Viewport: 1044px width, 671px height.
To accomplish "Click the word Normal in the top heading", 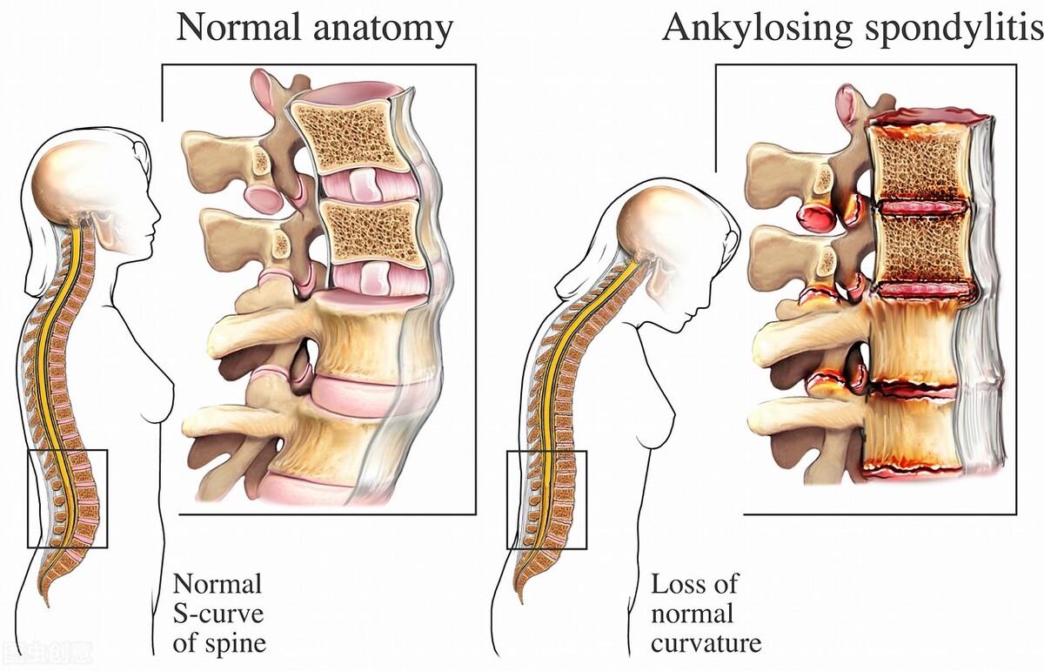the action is tap(238, 28).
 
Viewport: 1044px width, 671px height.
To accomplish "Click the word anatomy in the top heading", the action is tap(383, 30).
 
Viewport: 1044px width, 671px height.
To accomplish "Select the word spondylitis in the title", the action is tap(954, 30).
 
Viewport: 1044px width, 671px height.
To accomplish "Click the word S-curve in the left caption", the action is tap(218, 614).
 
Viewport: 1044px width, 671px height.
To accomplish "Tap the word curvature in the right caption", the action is tap(706, 643).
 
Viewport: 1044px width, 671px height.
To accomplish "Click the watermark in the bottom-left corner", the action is tap(47, 653).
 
